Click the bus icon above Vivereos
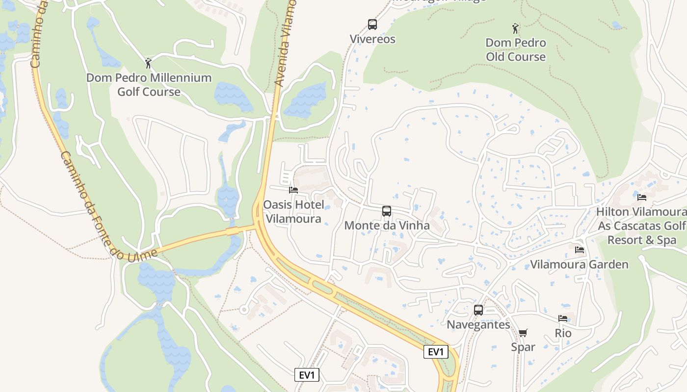[372, 24]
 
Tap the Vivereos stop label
[372, 39]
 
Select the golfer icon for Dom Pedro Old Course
[515, 28]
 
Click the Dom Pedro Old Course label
[516, 50]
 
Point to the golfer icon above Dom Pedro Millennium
[149, 63]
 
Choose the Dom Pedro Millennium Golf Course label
[149, 85]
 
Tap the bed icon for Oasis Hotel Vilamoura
[293, 190]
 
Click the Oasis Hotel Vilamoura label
[293, 212]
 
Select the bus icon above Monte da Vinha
[387, 211]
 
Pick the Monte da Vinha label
[387, 226]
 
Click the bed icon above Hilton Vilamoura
[641, 197]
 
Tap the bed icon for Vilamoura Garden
[580, 250]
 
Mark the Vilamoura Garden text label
[579, 265]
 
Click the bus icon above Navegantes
[478, 310]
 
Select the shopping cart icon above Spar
[523, 333]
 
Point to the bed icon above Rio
[563, 318]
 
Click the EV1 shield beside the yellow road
[436, 352]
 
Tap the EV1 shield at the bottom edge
[307, 375]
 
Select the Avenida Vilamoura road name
[286, 44]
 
